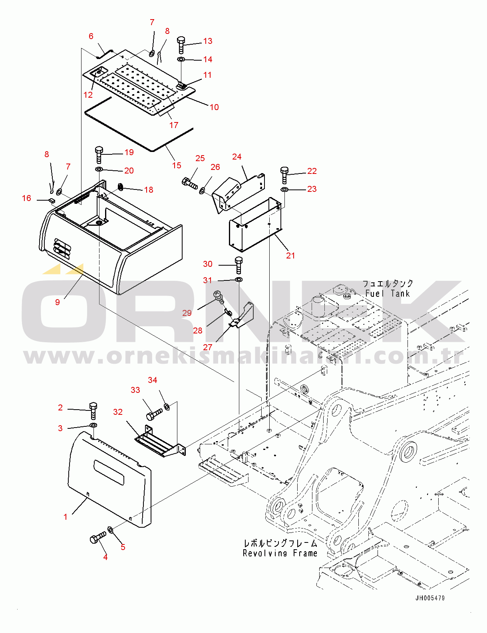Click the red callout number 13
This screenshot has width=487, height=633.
pos(207,41)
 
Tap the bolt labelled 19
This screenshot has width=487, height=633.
pos(99,155)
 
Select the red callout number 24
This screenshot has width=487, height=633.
pos(237,157)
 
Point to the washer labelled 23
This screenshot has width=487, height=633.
pos(284,189)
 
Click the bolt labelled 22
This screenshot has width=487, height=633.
pos(284,176)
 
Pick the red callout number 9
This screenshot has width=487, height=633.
pos(58,302)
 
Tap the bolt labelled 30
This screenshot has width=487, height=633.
pos(239,265)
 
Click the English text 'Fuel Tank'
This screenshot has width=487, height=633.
pos(388,293)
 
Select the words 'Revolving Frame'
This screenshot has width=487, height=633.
pos(280,552)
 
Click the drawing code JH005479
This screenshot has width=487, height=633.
pos(430,598)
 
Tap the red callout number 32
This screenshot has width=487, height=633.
pos(118,412)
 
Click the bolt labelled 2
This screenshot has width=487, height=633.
pos(93,411)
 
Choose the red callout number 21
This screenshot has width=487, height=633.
pos(290,255)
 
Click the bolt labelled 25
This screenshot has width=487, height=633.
pos(189,183)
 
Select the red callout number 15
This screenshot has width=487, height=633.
pos(177,166)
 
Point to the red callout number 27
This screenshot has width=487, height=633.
pos(207,347)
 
